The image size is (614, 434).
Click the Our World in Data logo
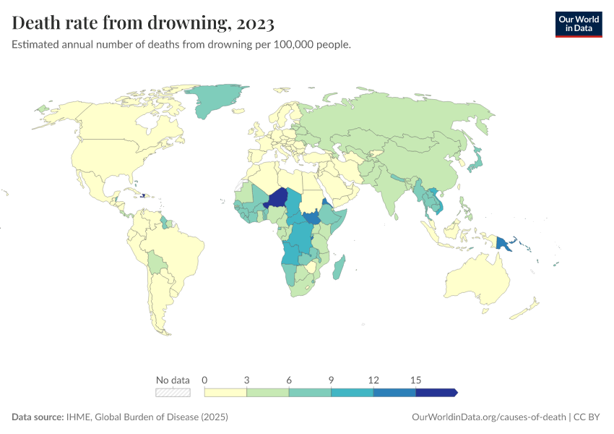point(578,24)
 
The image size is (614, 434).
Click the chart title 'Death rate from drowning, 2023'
point(143,24)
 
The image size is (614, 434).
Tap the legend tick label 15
point(415,380)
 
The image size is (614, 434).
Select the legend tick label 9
point(331,380)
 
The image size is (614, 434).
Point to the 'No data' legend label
point(173,380)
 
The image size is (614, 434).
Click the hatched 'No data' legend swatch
point(173,393)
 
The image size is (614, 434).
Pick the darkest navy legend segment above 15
point(436,393)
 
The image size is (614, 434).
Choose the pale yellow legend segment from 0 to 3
point(225,393)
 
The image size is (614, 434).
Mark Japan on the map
point(477,160)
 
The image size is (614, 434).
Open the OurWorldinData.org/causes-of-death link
point(488,417)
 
